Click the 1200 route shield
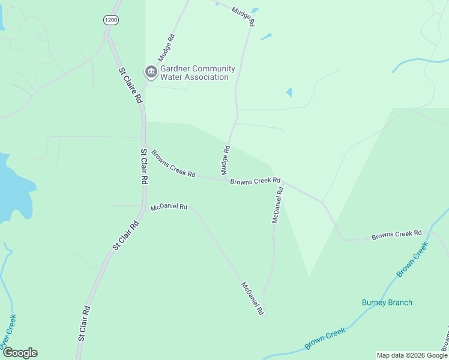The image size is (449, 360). [x=111, y=20]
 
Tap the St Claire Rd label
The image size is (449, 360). [x=130, y=85]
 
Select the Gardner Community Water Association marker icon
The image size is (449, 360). [x=151, y=73]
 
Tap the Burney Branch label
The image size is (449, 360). [x=387, y=302]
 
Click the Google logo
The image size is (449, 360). [x=19, y=353]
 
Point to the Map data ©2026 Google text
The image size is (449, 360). [x=411, y=355]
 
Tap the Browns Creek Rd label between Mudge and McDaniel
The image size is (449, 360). [x=255, y=180]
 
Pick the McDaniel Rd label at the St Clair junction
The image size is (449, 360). [x=169, y=207]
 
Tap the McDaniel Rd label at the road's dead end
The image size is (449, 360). [x=253, y=298]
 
